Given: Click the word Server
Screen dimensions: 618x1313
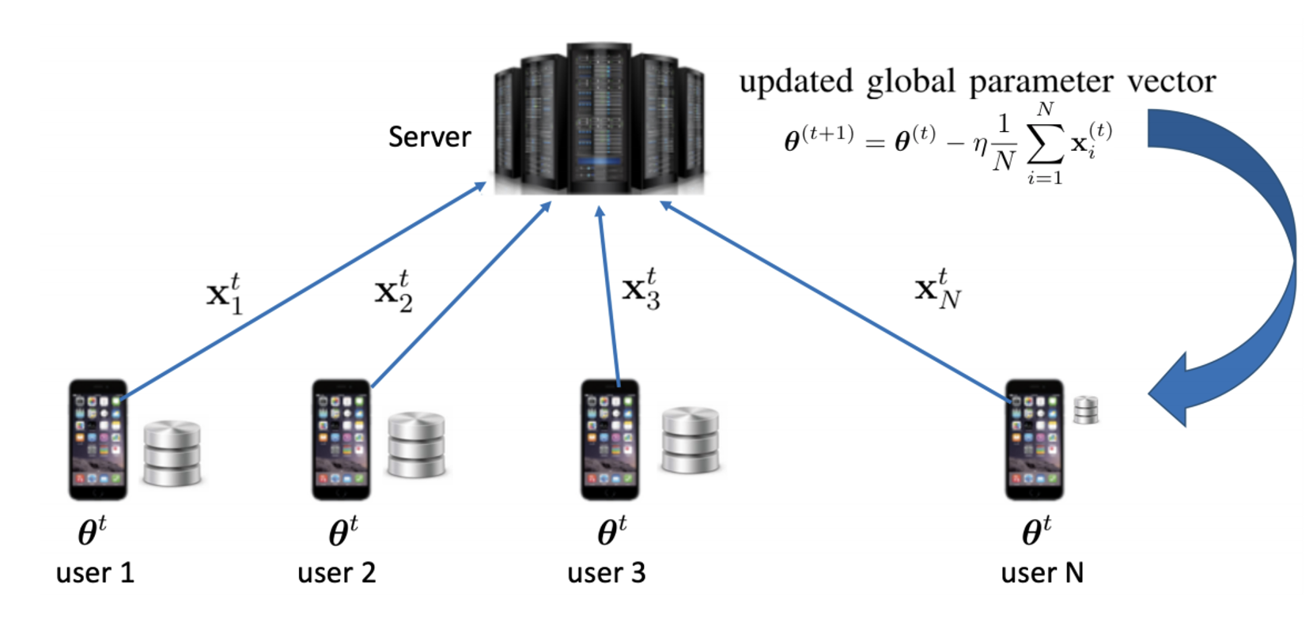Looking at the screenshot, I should click(429, 137).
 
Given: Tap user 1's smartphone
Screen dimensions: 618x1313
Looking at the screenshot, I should click(98, 439).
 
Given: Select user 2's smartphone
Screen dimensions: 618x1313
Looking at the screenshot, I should click(341, 439).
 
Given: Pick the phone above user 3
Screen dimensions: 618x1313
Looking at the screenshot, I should click(610, 439).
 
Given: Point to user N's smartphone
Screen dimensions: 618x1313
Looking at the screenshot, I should click(1034, 439).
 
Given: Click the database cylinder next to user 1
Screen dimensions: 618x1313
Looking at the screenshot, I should click(172, 453).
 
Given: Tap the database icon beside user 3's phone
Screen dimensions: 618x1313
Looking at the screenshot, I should click(690, 440).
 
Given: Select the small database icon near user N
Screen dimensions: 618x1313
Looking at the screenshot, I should click(1085, 410).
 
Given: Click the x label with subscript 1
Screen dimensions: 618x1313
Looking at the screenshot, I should click(225, 294).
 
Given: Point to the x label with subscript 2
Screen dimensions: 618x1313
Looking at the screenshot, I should click(393, 292).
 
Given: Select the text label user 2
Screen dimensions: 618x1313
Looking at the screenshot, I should click(336, 572).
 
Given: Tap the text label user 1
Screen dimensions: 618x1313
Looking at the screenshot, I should click(95, 572).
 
